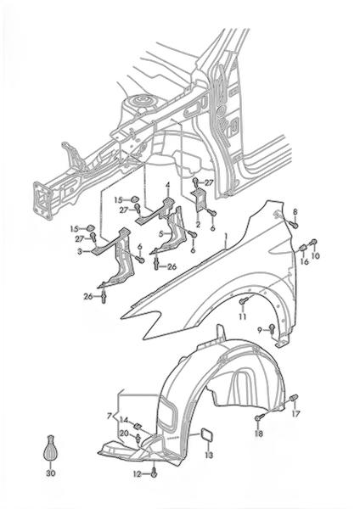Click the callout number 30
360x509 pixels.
(x=50, y=473)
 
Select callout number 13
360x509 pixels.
(x=209, y=455)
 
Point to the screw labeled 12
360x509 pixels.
(x=155, y=473)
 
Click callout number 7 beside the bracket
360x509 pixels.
(x=110, y=416)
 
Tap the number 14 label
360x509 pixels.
(x=124, y=420)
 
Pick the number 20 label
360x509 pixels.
(x=125, y=433)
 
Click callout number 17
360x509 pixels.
(x=295, y=413)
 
